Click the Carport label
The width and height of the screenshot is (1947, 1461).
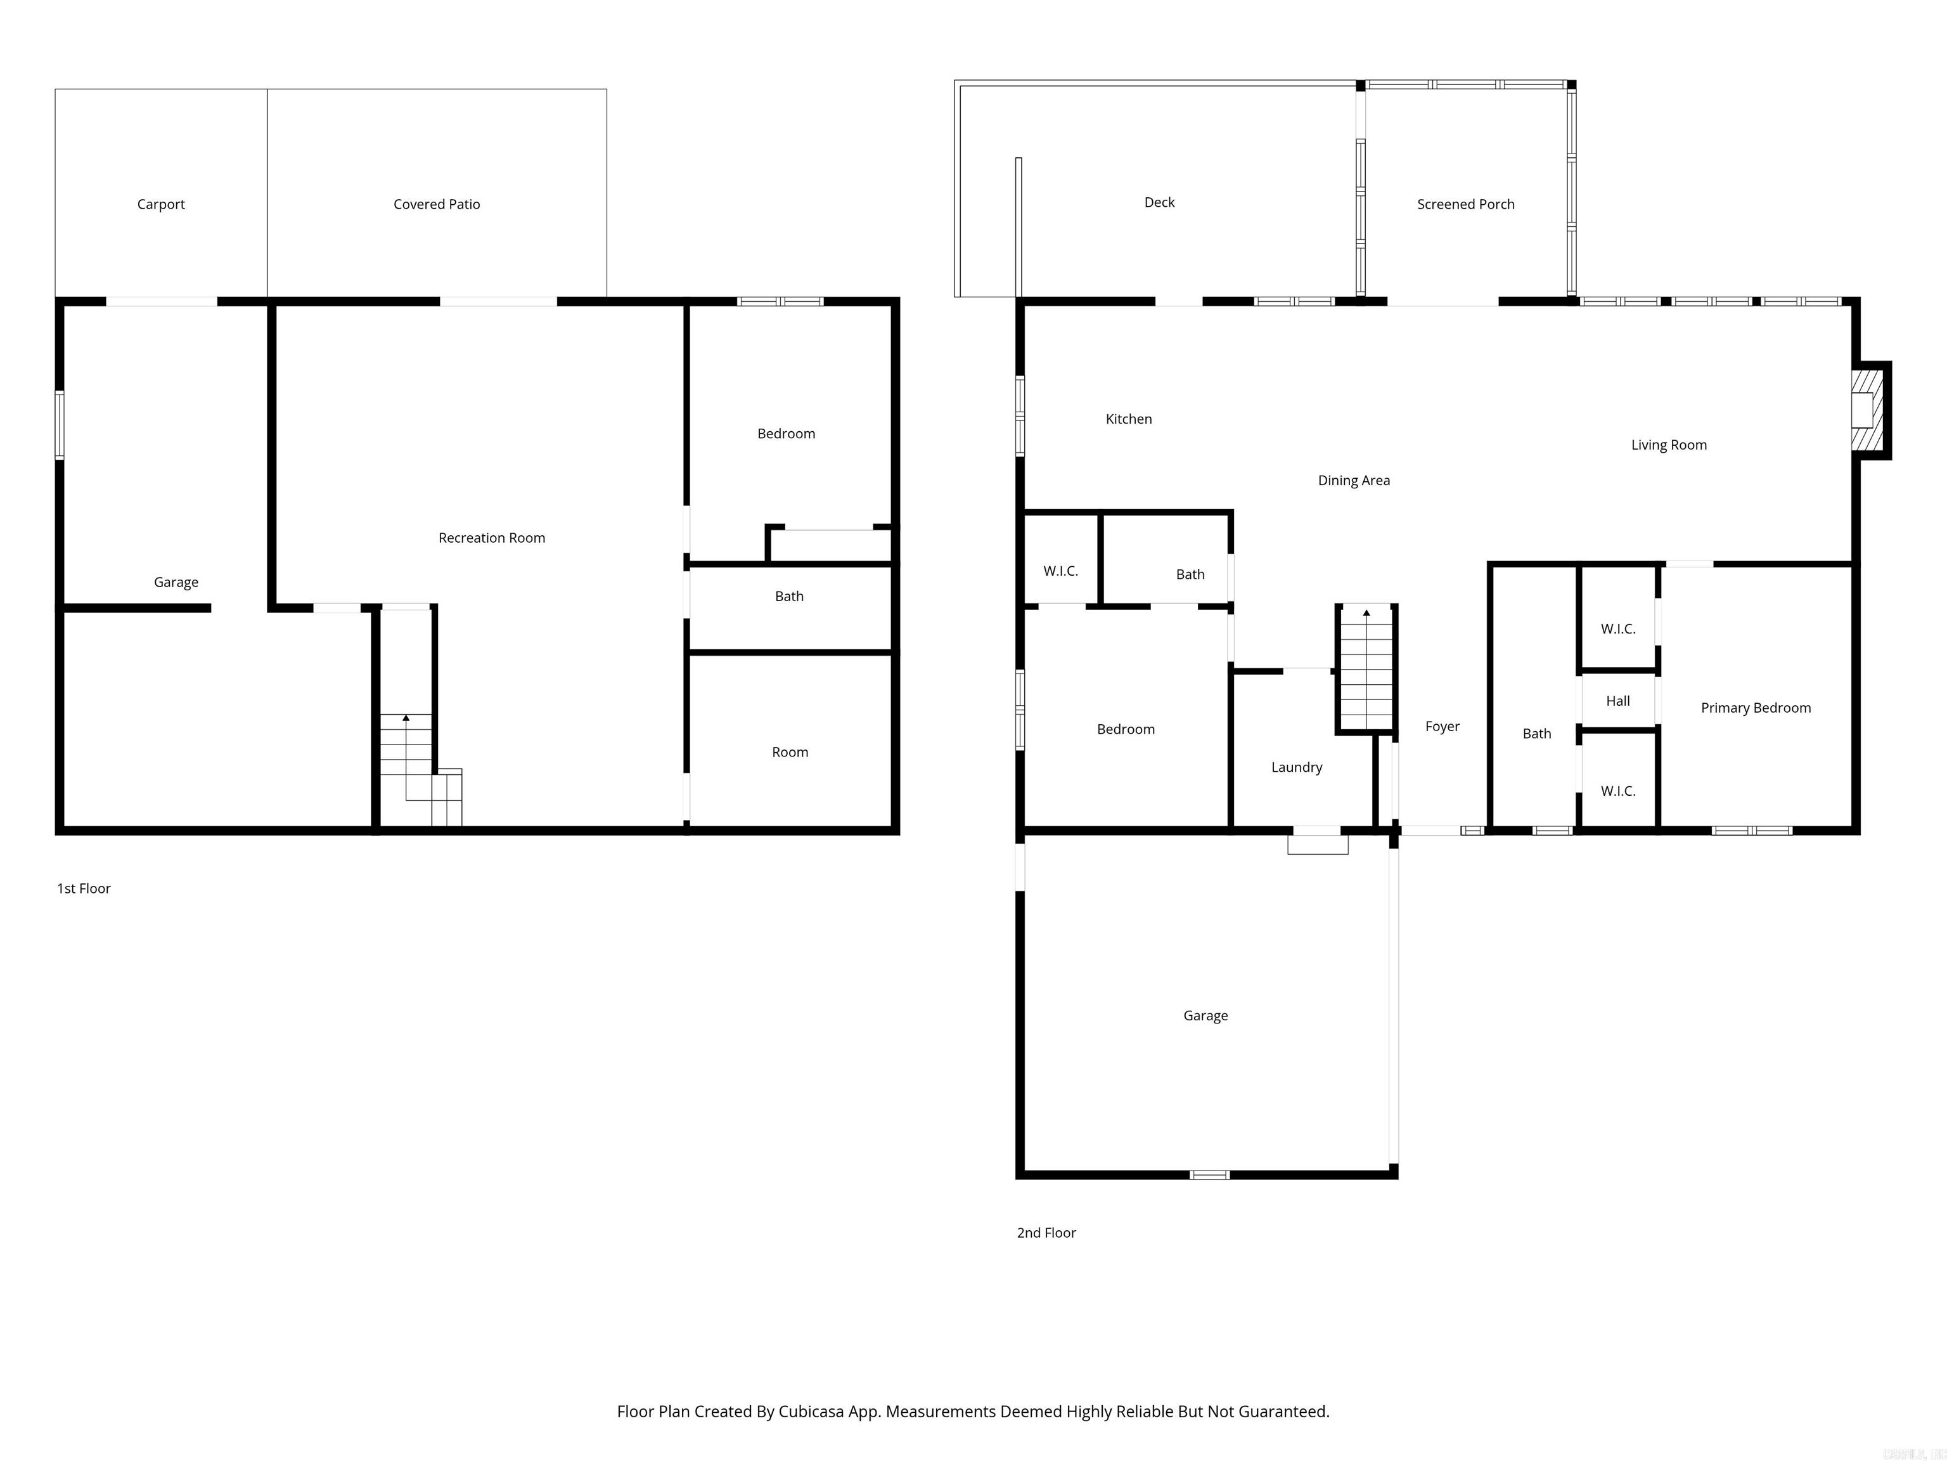[x=161, y=204]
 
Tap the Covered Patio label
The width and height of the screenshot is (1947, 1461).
[x=437, y=204]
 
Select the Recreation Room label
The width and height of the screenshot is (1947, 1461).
[x=491, y=538]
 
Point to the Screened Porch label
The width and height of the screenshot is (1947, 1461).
[x=1465, y=204]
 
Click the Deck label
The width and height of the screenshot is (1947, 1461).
[x=1159, y=202]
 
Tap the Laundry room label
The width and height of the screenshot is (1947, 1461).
[x=1297, y=767]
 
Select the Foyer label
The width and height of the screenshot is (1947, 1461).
[x=1442, y=727]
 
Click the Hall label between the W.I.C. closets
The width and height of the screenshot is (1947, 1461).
[x=1618, y=701]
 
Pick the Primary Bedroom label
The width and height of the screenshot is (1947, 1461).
[x=1755, y=708]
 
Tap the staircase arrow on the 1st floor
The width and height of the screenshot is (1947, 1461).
[x=406, y=718]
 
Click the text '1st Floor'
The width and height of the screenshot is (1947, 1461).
[x=84, y=888]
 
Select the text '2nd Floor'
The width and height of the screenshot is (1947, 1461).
[x=1046, y=1233]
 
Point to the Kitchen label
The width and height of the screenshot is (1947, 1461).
[x=1128, y=419]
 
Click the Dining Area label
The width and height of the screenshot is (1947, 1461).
[x=1354, y=481]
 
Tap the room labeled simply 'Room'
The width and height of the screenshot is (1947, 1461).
[x=790, y=752]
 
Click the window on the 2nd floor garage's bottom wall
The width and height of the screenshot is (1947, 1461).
[x=1209, y=1175]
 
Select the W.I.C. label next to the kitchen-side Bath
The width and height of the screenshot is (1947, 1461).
[x=1060, y=571]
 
